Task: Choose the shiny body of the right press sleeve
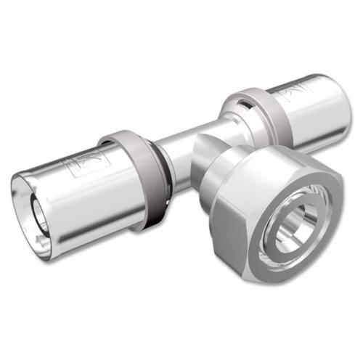click(x=305, y=109)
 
